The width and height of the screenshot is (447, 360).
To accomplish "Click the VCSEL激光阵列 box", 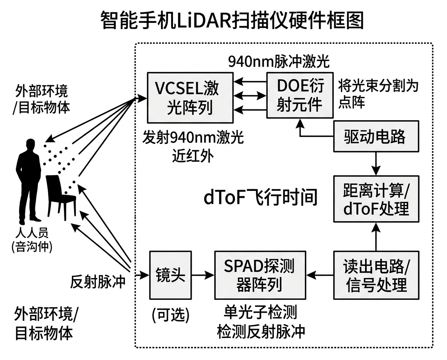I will (190, 97).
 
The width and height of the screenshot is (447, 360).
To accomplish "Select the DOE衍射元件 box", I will (300, 95).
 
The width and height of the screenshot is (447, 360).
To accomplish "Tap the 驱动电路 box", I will (376, 137).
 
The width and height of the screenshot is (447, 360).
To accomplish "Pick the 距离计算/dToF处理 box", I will (376, 199).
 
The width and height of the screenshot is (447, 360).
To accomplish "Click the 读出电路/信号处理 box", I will (376, 275).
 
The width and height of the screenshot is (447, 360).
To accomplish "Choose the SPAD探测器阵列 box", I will (260, 275).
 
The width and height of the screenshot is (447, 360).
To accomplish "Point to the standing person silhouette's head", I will (29, 147).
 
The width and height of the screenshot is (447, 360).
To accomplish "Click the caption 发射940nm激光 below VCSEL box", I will (193, 138).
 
